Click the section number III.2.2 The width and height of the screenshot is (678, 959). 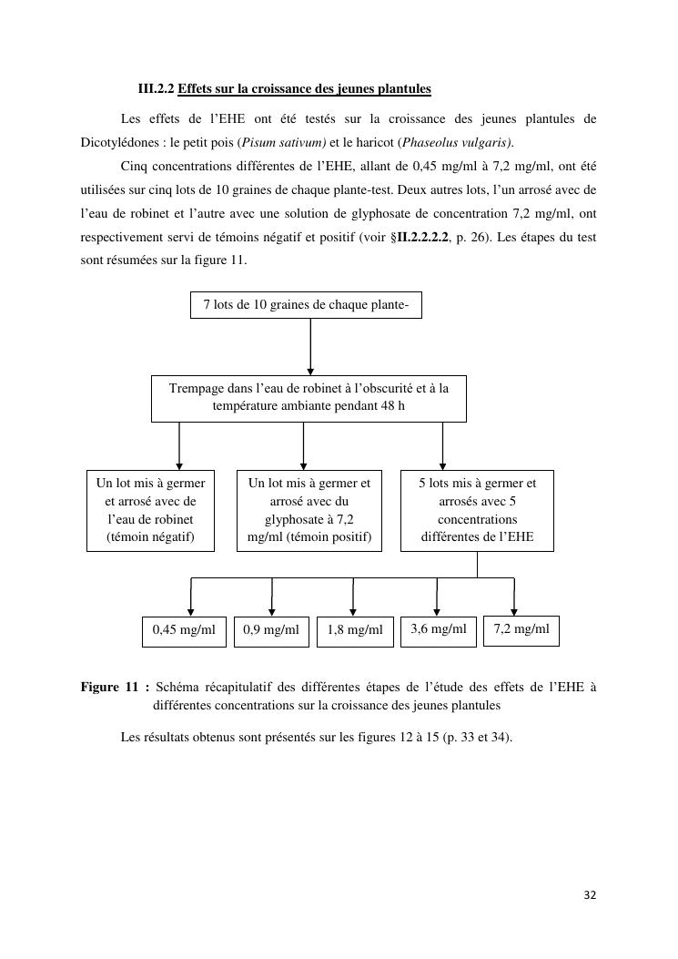(156, 89)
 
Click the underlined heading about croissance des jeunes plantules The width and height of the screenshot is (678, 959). (304, 89)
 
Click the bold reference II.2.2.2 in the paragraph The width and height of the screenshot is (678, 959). (422, 238)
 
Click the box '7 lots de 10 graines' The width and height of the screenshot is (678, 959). (306, 305)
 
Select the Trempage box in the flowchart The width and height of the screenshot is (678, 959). (309, 398)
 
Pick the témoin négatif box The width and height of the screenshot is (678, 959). (151, 510)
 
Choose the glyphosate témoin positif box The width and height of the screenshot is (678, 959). (309, 510)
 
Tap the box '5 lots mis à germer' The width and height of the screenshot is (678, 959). (477, 510)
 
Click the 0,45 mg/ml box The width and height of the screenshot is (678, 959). (184, 630)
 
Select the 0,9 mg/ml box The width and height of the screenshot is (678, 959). (271, 630)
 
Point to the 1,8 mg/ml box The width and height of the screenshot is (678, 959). (354, 630)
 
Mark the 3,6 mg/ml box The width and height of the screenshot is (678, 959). (438, 629)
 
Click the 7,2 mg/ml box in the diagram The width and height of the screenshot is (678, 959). (521, 629)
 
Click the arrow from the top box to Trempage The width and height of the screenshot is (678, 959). (310, 346)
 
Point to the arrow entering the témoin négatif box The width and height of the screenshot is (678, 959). (179, 445)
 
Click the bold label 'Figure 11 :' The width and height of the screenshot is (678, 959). (115, 688)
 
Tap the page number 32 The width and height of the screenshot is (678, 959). (590, 895)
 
